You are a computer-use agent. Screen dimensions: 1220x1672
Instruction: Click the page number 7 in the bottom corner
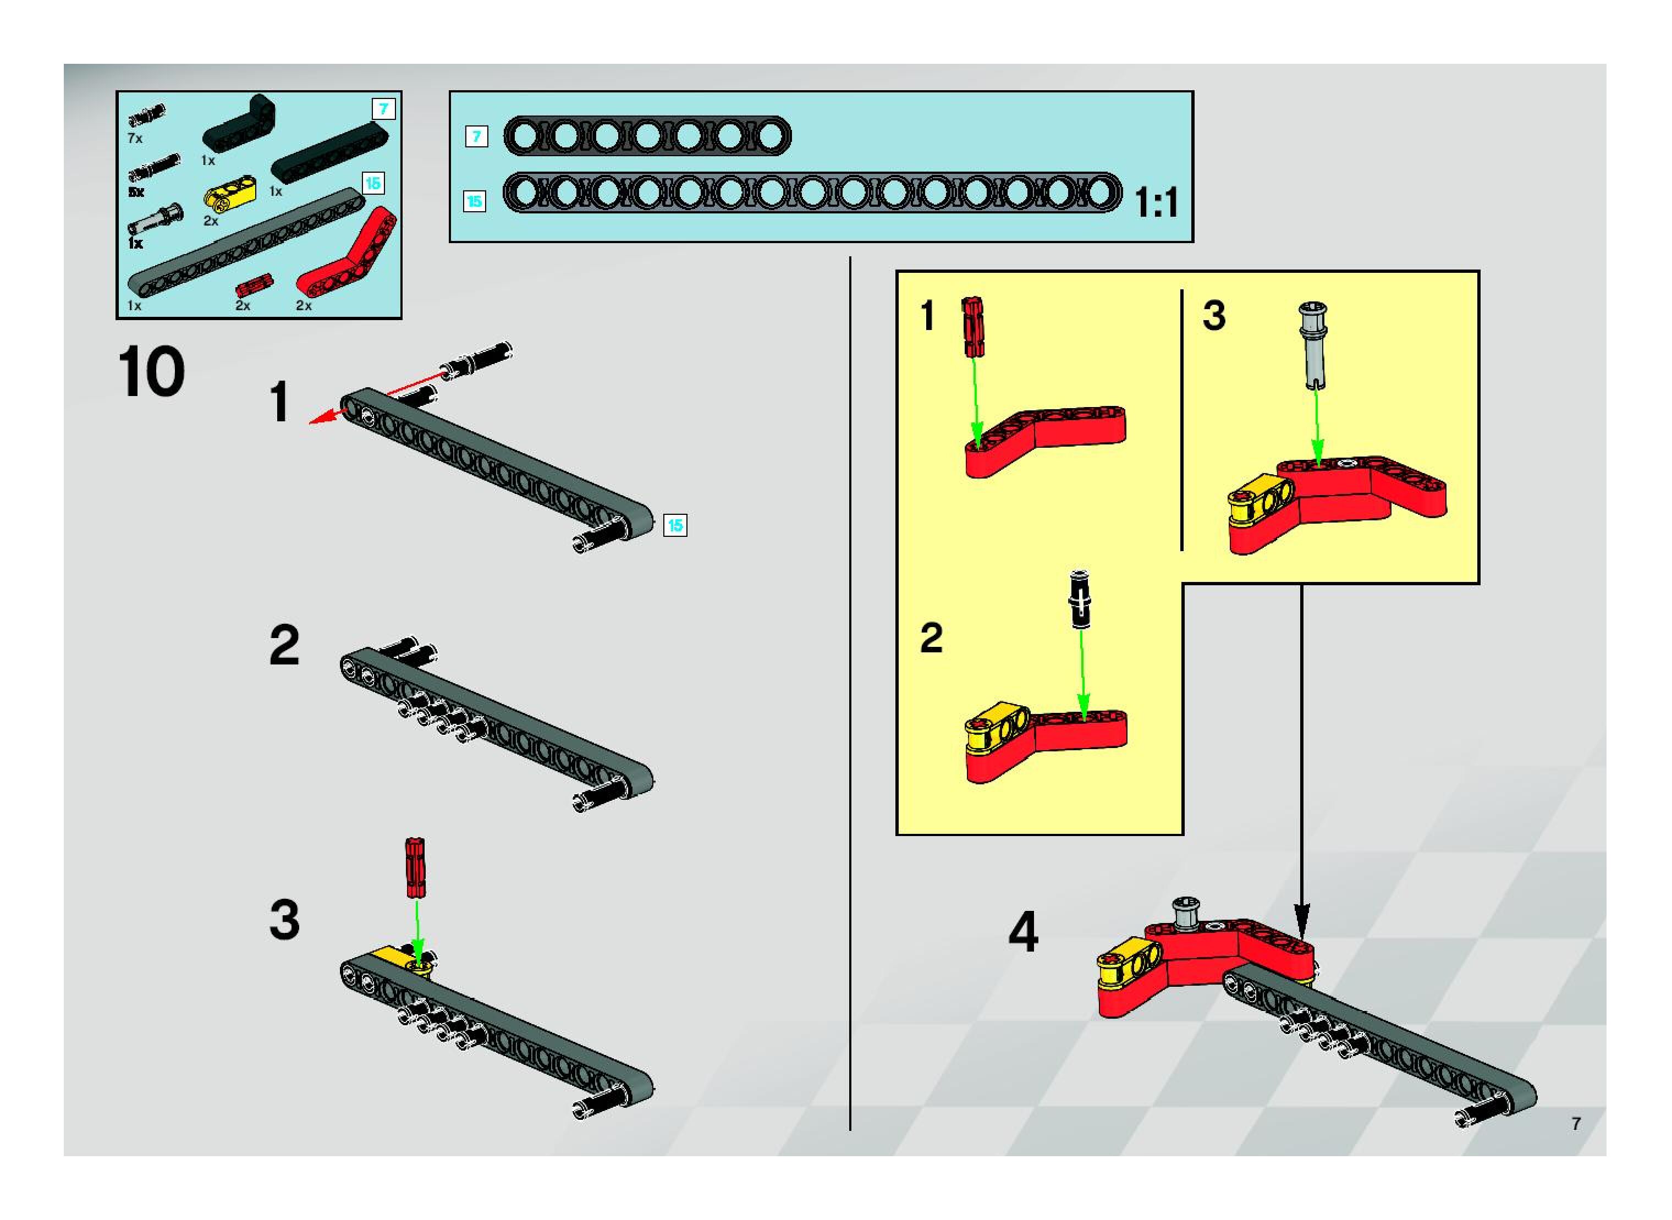(x=1576, y=1123)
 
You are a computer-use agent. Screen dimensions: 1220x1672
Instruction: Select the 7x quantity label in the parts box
(x=134, y=138)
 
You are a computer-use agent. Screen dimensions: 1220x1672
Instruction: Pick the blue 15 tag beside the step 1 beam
(x=675, y=525)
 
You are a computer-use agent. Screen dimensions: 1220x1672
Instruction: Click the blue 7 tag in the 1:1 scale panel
(x=476, y=136)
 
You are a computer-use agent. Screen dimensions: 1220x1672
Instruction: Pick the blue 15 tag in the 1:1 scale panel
(x=474, y=201)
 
